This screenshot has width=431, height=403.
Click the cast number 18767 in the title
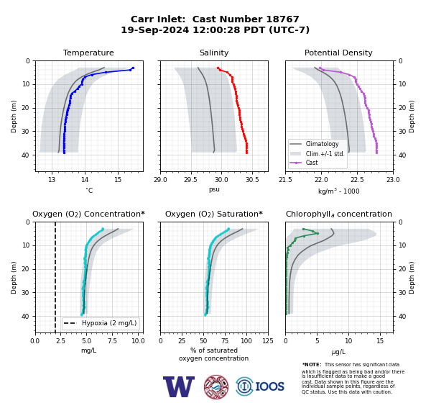click(282, 19)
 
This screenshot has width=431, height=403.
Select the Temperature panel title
click(88, 53)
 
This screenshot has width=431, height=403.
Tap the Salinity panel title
click(214, 53)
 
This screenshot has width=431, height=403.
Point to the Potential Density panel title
click(338, 53)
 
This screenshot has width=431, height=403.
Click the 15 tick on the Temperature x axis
click(118, 180)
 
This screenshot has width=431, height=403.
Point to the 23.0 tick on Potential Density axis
click(393, 180)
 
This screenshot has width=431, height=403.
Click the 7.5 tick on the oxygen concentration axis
click(112, 341)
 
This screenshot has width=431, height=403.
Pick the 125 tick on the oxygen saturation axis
click(268, 341)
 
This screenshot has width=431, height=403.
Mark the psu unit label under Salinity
click(214, 189)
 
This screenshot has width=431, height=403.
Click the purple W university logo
click(179, 386)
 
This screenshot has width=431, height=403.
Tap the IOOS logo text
click(269, 386)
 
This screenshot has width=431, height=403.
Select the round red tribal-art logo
click(216, 386)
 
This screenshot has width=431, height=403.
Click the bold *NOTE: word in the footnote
click(312, 365)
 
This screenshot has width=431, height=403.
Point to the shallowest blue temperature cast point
click(133, 68)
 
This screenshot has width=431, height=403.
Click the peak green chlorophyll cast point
click(318, 233)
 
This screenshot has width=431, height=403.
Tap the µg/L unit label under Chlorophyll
click(338, 352)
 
